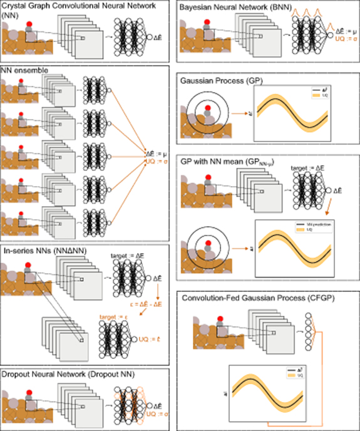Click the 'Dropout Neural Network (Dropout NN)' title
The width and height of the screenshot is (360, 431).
coord(72,374)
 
